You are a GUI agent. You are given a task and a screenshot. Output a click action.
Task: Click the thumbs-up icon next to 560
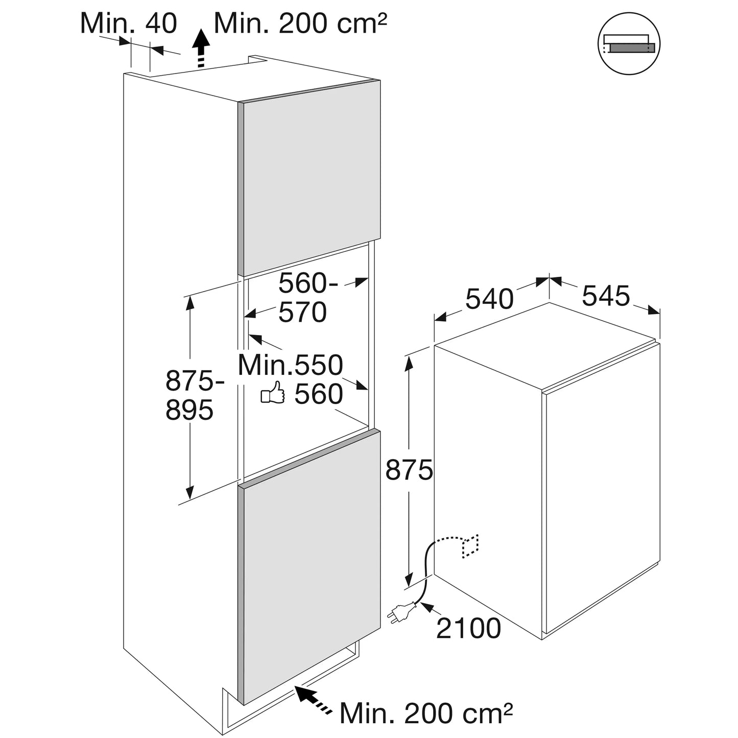273,393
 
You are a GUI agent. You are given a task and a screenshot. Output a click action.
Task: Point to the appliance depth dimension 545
606,295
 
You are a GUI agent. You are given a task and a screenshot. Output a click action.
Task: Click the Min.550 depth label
290,365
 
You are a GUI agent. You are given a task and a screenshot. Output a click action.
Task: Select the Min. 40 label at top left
129,23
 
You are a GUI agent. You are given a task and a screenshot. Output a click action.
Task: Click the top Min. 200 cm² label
300,23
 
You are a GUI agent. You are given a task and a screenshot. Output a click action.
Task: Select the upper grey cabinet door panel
309,178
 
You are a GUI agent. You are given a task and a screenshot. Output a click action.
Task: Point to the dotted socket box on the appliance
471,546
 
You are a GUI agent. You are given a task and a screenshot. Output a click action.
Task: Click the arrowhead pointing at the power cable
428,607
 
